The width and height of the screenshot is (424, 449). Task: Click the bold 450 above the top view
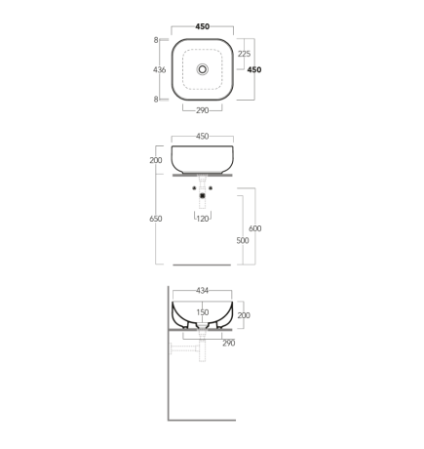203,26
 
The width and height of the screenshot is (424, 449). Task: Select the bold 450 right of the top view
254,69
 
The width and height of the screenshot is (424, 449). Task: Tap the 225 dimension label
244,54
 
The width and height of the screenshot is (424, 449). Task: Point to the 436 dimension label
160,69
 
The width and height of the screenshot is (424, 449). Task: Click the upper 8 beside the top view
156,40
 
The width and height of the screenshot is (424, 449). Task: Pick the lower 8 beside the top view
156,100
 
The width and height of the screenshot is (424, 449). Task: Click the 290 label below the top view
202,110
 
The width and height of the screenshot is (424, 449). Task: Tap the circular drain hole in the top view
203,69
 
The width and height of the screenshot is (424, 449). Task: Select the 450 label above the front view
203,137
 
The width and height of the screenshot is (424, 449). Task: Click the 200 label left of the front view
156,160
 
